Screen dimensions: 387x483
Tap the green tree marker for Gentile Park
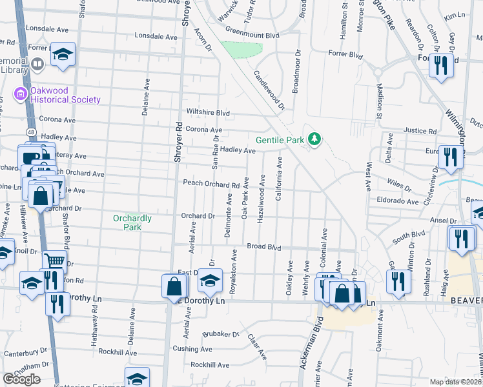[314, 139]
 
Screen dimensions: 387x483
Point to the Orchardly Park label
[132, 223]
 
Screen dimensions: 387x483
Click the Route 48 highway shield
[32, 131]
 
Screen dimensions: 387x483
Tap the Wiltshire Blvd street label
[208, 112]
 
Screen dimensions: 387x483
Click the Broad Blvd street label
[265, 247]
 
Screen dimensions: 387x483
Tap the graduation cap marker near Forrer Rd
[63, 55]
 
